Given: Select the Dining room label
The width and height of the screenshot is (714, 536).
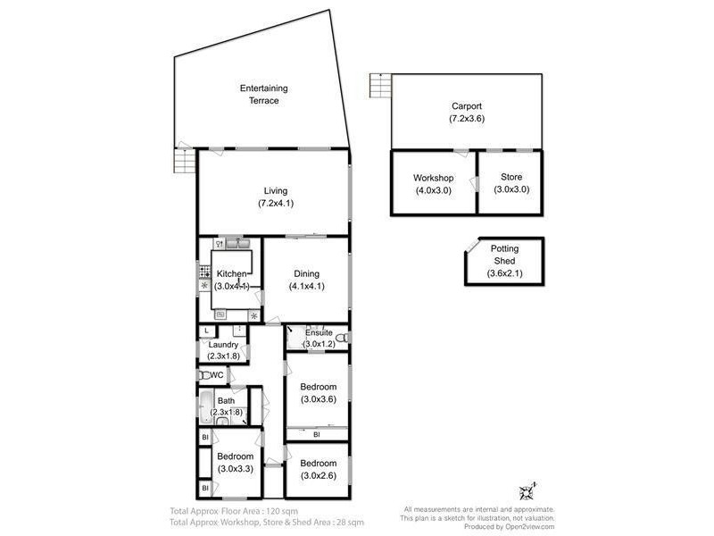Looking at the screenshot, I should click(306, 273).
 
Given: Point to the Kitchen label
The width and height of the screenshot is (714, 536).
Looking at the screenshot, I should click(231, 273).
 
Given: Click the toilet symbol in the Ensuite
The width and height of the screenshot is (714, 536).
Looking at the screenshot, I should click(342, 338).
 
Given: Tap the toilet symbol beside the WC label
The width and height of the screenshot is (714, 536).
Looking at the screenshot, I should click(204, 376).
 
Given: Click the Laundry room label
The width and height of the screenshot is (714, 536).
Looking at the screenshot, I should click(223, 345).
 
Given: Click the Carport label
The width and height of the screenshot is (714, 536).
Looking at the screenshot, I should click(467, 105).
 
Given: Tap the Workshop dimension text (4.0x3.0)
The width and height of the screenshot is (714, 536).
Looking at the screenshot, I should click(434, 189).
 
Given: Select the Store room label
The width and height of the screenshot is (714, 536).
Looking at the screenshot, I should click(511, 178).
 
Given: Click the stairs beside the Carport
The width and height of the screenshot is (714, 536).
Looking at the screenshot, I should click(380, 87).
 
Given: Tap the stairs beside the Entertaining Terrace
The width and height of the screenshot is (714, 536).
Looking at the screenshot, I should click(183, 162).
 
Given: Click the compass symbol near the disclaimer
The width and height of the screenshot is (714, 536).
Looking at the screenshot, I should click(526, 490).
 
